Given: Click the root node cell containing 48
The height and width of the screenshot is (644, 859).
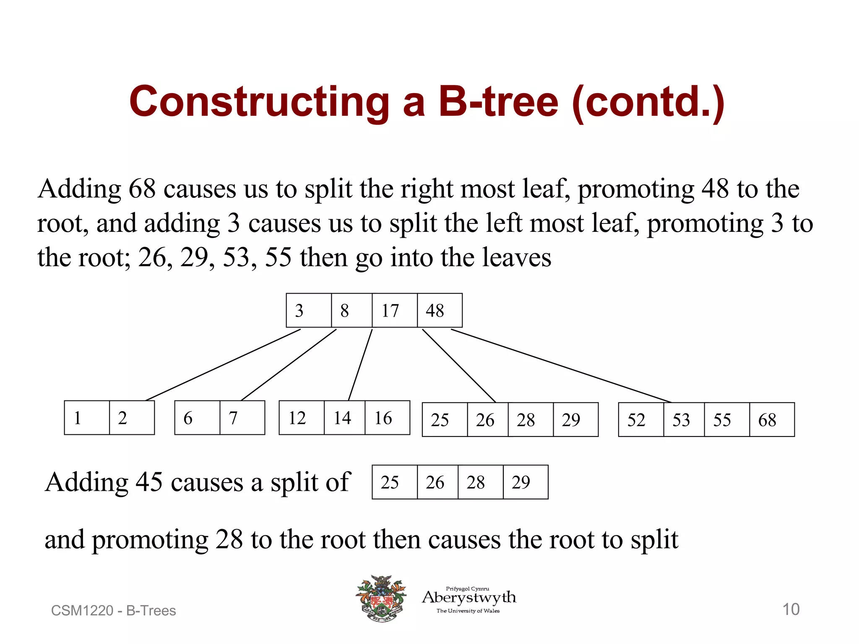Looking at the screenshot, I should (x=440, y=311).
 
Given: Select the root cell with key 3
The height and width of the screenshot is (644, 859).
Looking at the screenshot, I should (x=309, y=311).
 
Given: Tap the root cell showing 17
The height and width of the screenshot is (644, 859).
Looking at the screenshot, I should (x=394, y=311).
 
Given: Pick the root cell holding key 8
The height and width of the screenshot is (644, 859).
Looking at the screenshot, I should (x=351, y=311).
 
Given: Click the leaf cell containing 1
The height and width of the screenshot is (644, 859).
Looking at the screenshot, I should (x=87, y=418).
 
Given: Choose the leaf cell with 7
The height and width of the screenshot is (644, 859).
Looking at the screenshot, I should (x=242, y=418).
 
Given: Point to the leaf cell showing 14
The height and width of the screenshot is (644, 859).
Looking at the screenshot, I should (x=344, y=418).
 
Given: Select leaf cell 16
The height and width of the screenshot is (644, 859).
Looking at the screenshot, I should (x=387, y=418).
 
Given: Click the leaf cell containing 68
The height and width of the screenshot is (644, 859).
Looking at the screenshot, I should (x=772, y=420).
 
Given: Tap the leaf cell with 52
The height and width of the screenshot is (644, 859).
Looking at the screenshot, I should (x=641, y=420).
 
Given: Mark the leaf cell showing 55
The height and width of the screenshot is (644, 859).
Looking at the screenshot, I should (x=726, y=420).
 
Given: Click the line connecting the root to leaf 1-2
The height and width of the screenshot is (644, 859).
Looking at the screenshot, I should (x=222, y=365).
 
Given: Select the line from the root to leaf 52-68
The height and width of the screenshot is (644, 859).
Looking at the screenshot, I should (x=561, y=366).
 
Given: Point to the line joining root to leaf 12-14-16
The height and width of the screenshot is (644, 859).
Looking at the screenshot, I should (x=360, y=365).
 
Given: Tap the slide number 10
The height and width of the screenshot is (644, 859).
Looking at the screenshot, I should (x=791, y=609).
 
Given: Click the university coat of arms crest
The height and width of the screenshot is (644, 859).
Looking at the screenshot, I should (x=381, y=598).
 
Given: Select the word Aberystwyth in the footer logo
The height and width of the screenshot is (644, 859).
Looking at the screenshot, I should (x=469, y=597).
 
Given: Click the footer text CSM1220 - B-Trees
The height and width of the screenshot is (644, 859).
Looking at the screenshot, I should (x=113, y=611).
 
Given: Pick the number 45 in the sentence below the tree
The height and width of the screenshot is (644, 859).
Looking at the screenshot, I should (x=149, y=482).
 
